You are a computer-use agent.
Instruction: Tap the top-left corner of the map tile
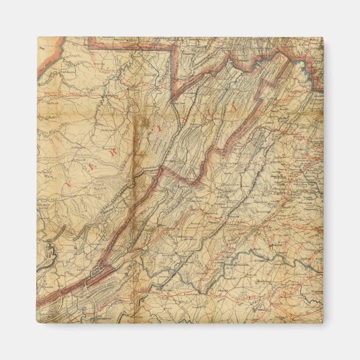tap(38, 37)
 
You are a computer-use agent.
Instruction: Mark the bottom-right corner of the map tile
tap(323, 323)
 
